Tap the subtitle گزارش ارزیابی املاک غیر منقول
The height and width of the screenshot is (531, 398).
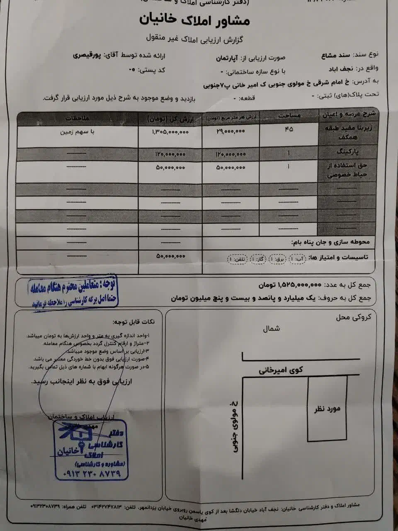coord(195,39)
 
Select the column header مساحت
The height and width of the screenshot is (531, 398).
coord(289,116)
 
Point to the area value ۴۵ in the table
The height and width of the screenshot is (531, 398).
coord(289,130)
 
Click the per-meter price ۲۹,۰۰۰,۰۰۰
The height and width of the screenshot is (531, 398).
coord(231,131)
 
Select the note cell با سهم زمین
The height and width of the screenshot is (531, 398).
coord(78,132)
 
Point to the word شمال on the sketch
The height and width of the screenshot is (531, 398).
coord(271,329)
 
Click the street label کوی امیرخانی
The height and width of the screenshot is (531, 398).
coord(281,370)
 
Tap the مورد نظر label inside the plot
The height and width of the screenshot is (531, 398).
coord(327,409)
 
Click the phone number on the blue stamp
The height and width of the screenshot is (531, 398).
coord(92,473)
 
